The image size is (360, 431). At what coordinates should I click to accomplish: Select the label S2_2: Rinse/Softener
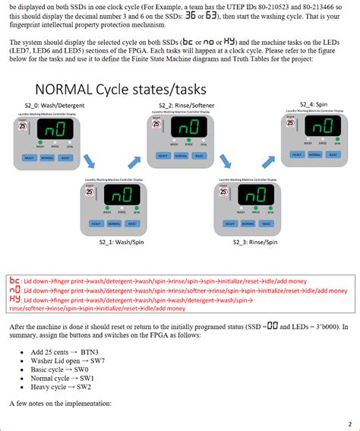[x=182, y=105]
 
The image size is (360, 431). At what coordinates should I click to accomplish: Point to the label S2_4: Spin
[x=315, y=103]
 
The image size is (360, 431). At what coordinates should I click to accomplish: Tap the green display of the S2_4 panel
[x=318, y=125]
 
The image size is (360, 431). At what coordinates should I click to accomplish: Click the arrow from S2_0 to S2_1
[x=90, y=160]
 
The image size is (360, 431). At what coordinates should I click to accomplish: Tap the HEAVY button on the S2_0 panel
[x=29, y=157]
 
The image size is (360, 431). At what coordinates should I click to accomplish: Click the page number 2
[x=349, y=423]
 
